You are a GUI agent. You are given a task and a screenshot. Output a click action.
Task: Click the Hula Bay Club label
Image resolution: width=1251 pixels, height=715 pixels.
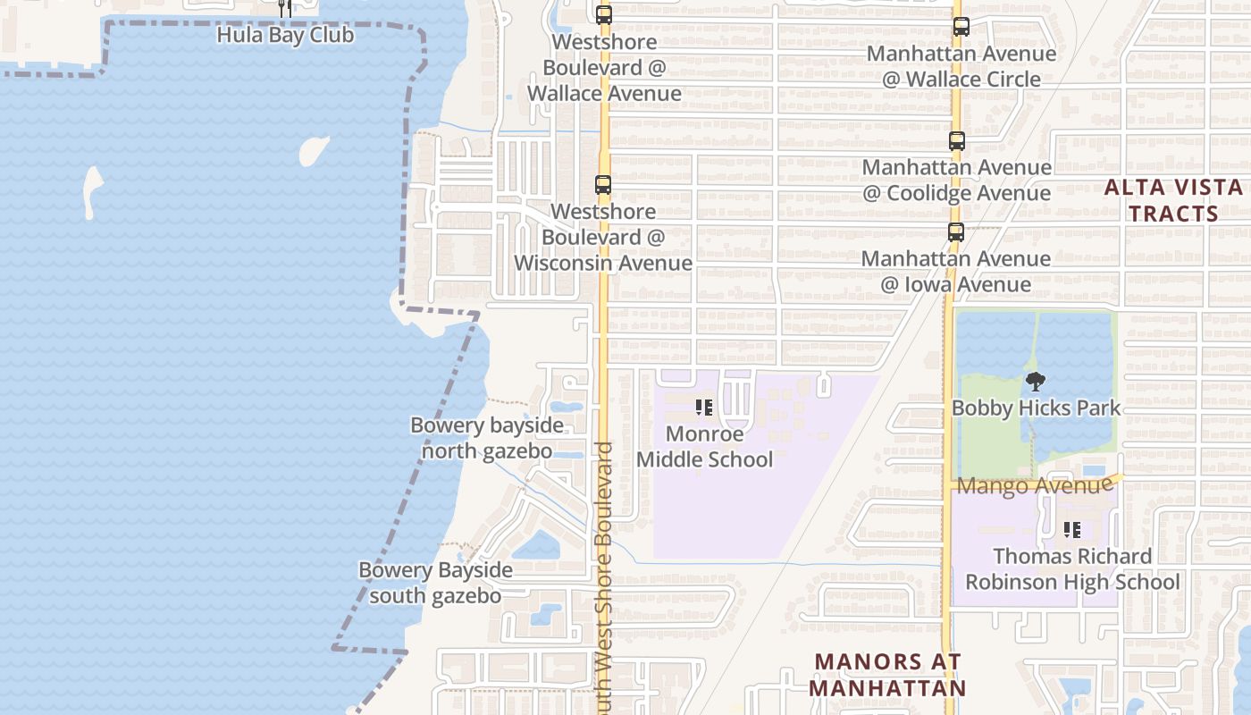pyautogui.click(x=285, y=36)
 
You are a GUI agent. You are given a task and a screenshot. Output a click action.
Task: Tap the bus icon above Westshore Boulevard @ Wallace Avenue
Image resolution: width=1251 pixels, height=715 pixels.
pyautogui.click(x=604, y=14)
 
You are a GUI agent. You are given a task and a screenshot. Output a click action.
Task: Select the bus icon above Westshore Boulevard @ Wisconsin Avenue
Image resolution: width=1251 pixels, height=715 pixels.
pyautogui.click(x=603, y=185)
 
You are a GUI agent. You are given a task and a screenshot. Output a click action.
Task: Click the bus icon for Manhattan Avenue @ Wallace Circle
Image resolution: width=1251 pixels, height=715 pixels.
pyautogui.click(x=961, y=27)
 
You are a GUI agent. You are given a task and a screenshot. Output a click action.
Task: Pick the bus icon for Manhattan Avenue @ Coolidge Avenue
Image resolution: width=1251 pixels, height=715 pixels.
pyautogui.click(x=956, y=140)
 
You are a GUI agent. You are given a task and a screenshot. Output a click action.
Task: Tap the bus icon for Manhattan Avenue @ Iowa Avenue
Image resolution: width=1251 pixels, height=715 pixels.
pyautogui.click(x=956, y=232)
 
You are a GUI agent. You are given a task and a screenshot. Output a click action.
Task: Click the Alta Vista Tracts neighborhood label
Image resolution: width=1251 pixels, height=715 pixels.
pyautogui.click(x=1173, y=201)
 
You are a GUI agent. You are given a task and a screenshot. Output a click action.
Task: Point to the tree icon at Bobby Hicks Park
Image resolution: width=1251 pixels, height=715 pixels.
pyautogui.click(x=1035, y=382)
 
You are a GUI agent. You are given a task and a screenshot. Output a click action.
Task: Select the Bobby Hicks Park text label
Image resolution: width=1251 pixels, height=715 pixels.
pyautogui.click(x=1036, y=408)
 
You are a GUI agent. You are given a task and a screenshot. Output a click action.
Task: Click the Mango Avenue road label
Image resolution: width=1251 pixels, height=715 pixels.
pyautogui.click(x=1034, y=486)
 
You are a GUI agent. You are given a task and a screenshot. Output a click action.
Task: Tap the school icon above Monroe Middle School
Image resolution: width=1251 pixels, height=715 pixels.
pyautogui.click(x=704, y=408)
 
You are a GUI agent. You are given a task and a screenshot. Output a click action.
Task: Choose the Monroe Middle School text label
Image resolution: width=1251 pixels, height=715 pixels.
pyautogui.click(x=704, y=447)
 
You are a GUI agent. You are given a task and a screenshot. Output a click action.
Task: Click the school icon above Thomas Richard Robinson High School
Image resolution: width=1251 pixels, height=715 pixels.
pyautogui.click(x=1072, y=530)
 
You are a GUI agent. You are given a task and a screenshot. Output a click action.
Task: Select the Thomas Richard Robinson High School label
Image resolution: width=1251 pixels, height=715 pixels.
pyautogui.click(x=1072, y=569)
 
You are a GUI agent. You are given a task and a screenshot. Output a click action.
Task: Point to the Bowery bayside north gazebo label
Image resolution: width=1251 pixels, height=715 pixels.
pyautogui.click(x=487, y=438)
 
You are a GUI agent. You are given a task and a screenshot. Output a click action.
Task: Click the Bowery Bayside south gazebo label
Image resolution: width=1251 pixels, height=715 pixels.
pyautogui.click(x=435, y=583)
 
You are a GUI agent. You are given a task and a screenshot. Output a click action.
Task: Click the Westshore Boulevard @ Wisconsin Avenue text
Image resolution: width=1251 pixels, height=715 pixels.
pyautogui.click(x=603, y=238)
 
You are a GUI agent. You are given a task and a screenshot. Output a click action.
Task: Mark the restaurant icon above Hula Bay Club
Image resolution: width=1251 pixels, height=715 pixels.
pyautogui.click(x=285, y=9)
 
